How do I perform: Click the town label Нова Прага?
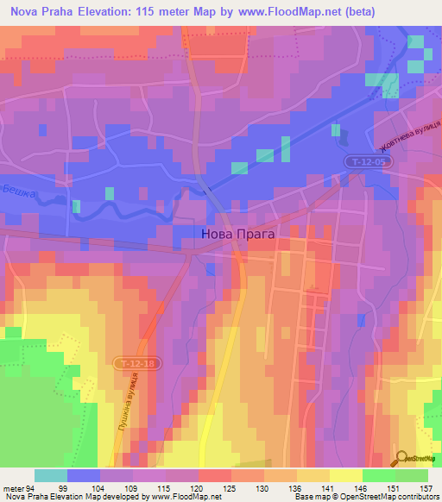click(x=237, y=233)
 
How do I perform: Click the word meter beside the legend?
click(x=11, y=487)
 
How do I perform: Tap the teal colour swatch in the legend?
click(x=51, y=475)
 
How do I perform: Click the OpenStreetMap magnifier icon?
click(x=401, y=458)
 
